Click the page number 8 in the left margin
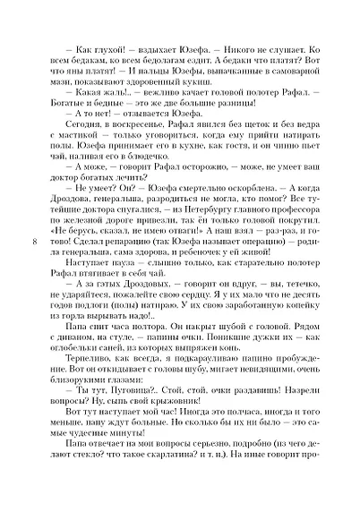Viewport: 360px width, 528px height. pyautogui.click(x=34, y=268)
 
